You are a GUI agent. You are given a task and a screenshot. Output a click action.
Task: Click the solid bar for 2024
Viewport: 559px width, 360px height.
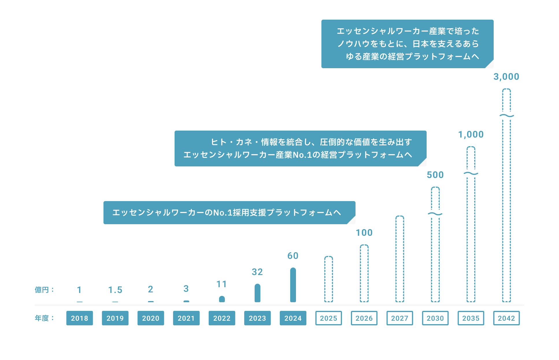293,285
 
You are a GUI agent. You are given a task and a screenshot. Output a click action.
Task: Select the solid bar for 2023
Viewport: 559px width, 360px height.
257,293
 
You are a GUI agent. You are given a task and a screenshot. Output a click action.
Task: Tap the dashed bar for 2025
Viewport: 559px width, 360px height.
328,279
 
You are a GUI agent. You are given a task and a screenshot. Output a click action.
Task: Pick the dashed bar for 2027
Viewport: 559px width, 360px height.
399,259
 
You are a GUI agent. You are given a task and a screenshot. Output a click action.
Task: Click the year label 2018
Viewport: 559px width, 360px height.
79,318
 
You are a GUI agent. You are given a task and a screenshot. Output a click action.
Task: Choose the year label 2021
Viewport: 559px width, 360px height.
186,318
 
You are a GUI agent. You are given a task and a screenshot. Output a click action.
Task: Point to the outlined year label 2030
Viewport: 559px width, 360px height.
435,318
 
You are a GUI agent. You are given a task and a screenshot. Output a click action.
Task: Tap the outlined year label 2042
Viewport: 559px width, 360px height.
506,318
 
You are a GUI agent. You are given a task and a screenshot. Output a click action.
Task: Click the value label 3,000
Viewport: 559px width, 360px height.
506,77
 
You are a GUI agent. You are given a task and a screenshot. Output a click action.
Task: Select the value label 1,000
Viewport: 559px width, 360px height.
471,134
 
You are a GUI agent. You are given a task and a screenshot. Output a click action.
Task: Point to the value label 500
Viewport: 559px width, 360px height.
435,175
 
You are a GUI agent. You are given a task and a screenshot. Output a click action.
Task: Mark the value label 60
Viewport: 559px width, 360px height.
293,256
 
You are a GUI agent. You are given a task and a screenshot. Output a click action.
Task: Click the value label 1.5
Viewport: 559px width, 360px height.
115,290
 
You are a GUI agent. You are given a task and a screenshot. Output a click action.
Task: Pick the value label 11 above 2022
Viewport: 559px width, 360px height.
222,284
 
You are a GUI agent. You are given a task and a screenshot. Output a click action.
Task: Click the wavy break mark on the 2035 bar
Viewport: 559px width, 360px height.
471,173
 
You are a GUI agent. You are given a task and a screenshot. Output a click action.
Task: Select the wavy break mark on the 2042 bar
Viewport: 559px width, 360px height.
506,116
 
